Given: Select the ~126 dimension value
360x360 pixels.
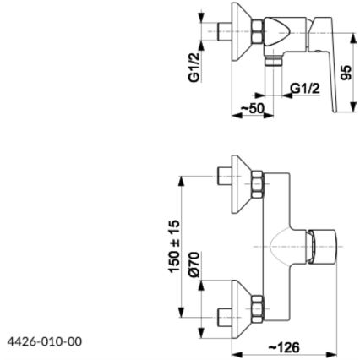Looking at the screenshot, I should pos(284,346).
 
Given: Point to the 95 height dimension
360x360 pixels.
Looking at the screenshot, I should pos(346,71).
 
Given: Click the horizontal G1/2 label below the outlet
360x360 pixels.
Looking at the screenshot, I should pos(304,88).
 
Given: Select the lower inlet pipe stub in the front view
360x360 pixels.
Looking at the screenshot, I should pos(223,318).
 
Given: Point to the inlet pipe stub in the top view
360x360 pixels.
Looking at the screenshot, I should pos(224,30).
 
